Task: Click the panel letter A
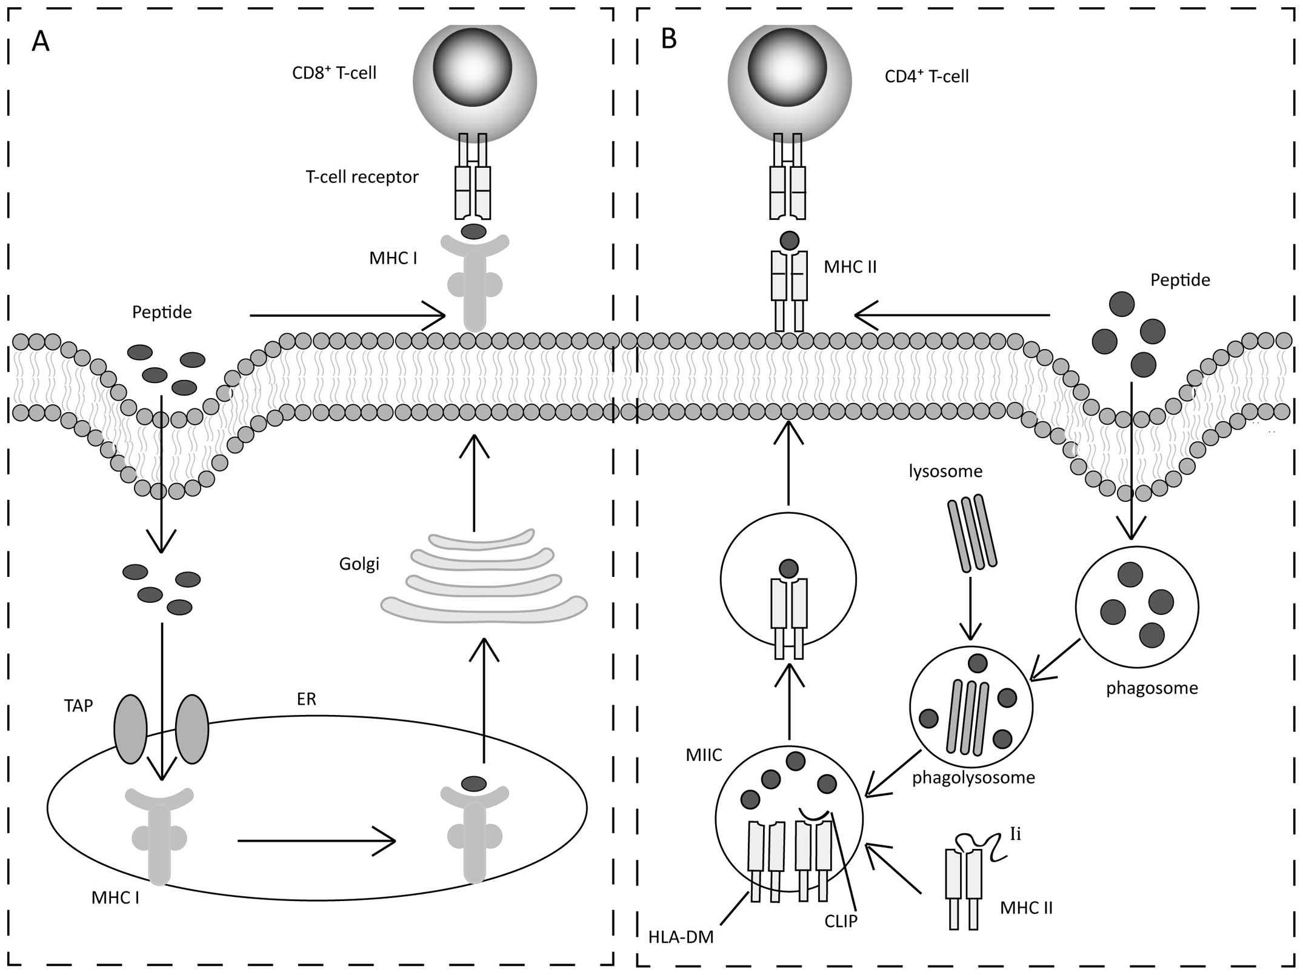pyautogui.click(x=41, y=41)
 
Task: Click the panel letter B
pyautogui.click(x=668, y=39)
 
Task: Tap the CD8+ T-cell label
pyautogui.click(x=334, y=73)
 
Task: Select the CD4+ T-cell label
pyautogui.click(x=927, y=76)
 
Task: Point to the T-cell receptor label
pyautogui.click(x=362, y=177)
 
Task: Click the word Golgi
pyautogui.click(x=359, y=564)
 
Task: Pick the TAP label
pyautogui.click(x=79, y=705)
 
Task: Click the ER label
pyautogui.click(x=307, y=699)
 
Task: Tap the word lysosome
pyautogui.click(x=945, y=471)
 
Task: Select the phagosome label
pyautogui.click(x=1151, y=688)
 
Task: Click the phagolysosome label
pyautogui.click(x=973, y=777)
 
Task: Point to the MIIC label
pyautogui.click(x=704, y=755)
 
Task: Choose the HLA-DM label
pyautogui.click(x=681, y=937)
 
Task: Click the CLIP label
pyautogui.click(x=841, y=921)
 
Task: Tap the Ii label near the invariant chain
pyautogui.click(x=1015, y=834)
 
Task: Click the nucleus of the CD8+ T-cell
pyautogui.click(x=473, y=67)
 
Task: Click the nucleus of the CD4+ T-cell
pyautogui.click(x=787, y=67)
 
